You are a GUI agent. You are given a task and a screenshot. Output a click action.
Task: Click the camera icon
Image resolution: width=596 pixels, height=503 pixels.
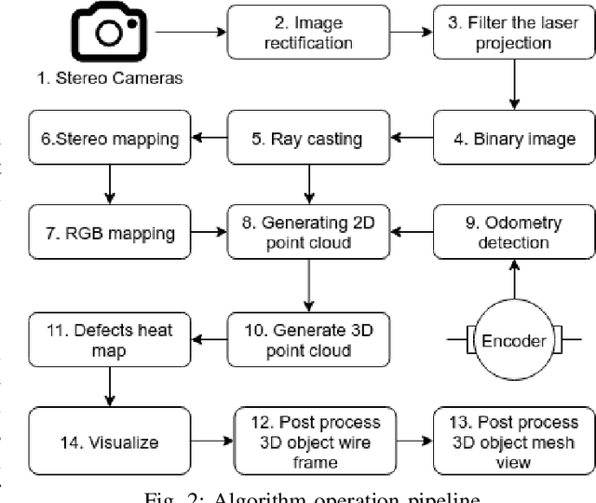[111, 33]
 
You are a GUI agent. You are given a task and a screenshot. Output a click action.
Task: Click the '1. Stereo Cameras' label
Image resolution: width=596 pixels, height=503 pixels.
[111, 78]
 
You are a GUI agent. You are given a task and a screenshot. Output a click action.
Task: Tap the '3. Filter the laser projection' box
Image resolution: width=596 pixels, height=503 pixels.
[510, 33]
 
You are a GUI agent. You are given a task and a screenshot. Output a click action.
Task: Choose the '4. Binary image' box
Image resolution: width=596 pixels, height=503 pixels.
[510, 140]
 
